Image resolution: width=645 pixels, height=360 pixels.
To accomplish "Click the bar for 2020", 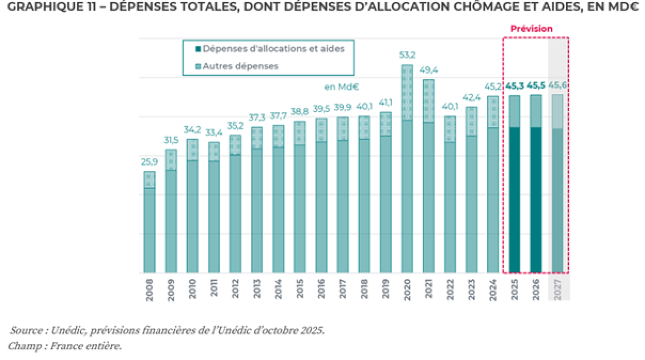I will pos(407,177).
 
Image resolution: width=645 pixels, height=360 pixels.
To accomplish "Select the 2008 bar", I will pos(149,226).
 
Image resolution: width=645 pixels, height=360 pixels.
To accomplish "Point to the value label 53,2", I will pos(407,55).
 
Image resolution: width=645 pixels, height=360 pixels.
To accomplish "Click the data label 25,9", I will pos(149,162).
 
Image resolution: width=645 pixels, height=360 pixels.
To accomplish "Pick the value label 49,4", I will pos(428,70).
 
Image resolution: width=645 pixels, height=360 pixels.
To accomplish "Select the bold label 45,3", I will pos(514,85).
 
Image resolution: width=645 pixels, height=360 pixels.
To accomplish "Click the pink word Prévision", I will pos(531,28).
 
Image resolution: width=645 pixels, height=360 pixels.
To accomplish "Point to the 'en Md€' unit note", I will pos(341,86).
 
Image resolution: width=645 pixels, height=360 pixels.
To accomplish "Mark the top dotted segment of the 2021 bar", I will pos(429,101).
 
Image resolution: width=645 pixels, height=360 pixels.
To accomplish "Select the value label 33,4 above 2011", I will pos(214,133).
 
